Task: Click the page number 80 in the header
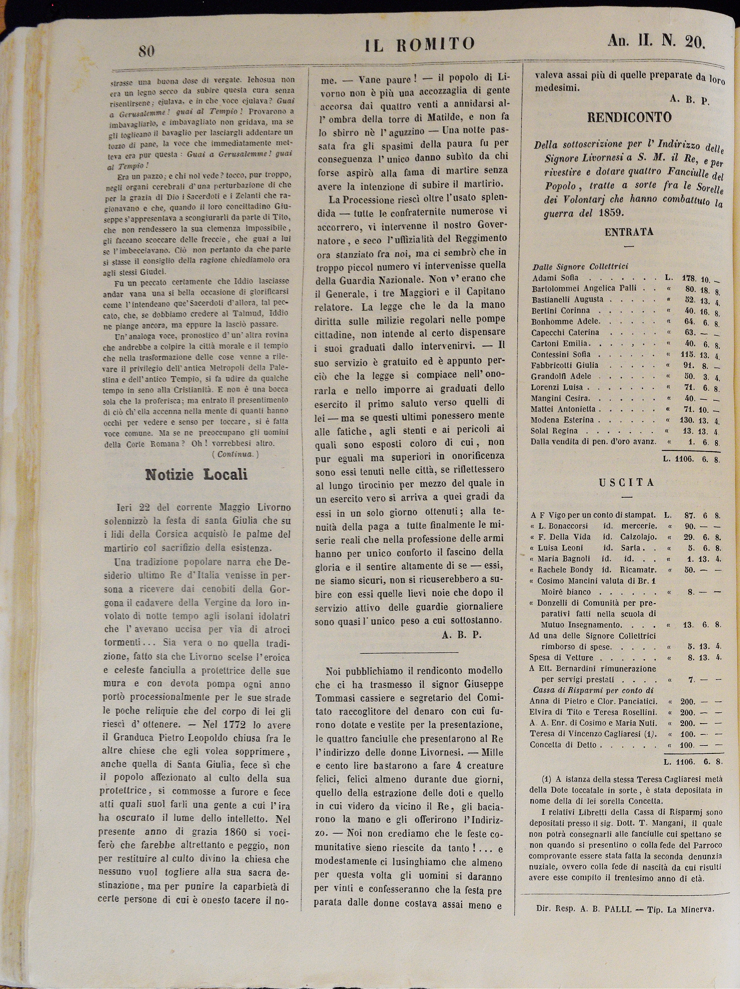[x=146, y=51]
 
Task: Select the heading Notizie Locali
[x=196, y=474]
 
